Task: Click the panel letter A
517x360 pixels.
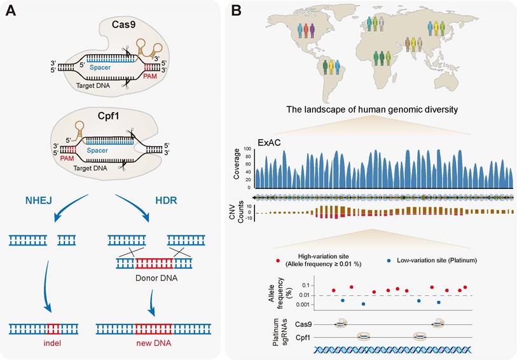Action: pyautogui.click(x=11, y=11)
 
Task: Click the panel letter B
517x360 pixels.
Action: pyautogui.click(x=235, y=11)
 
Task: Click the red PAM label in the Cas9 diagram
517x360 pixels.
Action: pyautogui.click(x=152, y=74)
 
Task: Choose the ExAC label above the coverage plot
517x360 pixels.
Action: pyautogui.click(x=270, y=142)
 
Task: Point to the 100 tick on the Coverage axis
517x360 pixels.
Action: pyautogui.click(x=249, y=149)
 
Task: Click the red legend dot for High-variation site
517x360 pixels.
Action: pyautogui.click(x=279, y=261)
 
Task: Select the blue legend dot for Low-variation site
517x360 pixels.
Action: pyautogui.click(x=389, y=261)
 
